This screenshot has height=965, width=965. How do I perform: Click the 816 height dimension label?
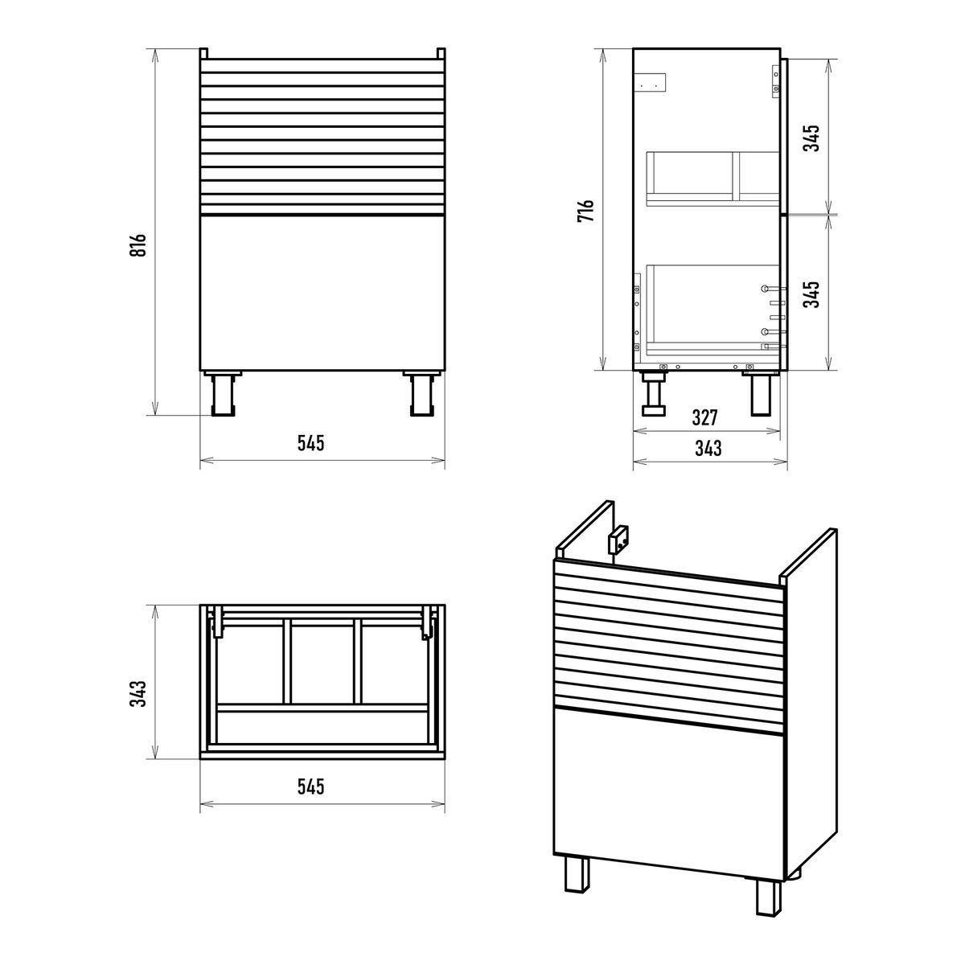138,245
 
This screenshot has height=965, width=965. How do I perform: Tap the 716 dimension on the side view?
585,211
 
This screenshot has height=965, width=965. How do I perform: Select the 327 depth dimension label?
704,417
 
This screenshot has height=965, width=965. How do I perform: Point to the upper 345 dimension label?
811,138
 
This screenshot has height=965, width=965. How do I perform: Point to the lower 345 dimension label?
811,294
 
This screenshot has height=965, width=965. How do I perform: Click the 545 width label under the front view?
311,442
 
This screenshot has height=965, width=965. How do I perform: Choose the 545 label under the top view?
311,786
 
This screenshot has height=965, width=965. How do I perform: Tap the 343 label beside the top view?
138,693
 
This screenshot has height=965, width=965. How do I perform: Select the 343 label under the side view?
708,448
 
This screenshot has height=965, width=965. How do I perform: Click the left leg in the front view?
222,393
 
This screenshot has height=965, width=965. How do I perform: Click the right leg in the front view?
421,393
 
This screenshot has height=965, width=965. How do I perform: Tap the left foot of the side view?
655,395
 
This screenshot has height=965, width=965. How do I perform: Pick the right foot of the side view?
762,395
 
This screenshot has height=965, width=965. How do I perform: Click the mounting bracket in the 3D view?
619,540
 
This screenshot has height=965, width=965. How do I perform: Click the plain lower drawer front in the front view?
322,294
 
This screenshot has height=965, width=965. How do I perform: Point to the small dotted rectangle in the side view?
650,82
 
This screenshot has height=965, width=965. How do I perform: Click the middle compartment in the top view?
322,660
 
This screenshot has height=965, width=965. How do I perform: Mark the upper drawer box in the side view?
713,179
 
